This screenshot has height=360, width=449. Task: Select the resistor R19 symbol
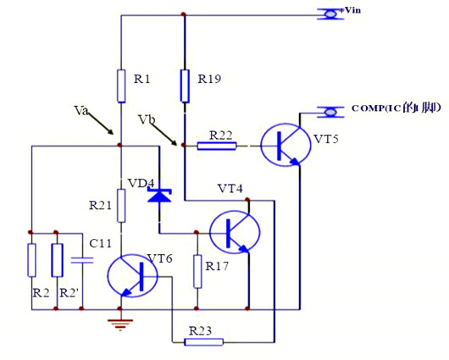click(x=184, y=86)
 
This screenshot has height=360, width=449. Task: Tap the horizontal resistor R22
click(x=216, y=146)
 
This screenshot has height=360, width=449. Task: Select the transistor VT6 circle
click(x=134, y=275)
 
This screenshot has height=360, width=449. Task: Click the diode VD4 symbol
click(x=158, y=195)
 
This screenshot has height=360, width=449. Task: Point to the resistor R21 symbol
click(x=121, y=204)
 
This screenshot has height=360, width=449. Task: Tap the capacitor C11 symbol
click(x=81, y=260)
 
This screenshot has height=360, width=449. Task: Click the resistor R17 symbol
click(x=197, y=270)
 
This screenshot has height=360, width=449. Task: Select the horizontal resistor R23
click(x=204, y=342)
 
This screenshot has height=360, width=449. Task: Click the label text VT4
click(x=230, y=187)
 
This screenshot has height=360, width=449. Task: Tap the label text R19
click(x=209, y=79)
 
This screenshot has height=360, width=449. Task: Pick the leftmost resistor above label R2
click(x=31, y=260)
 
